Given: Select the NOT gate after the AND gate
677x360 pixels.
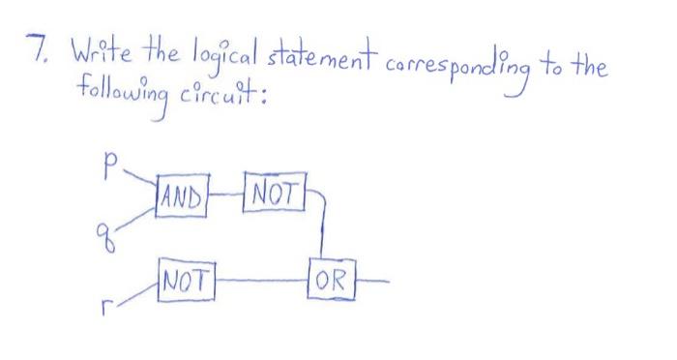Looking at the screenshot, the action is (276, 187).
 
